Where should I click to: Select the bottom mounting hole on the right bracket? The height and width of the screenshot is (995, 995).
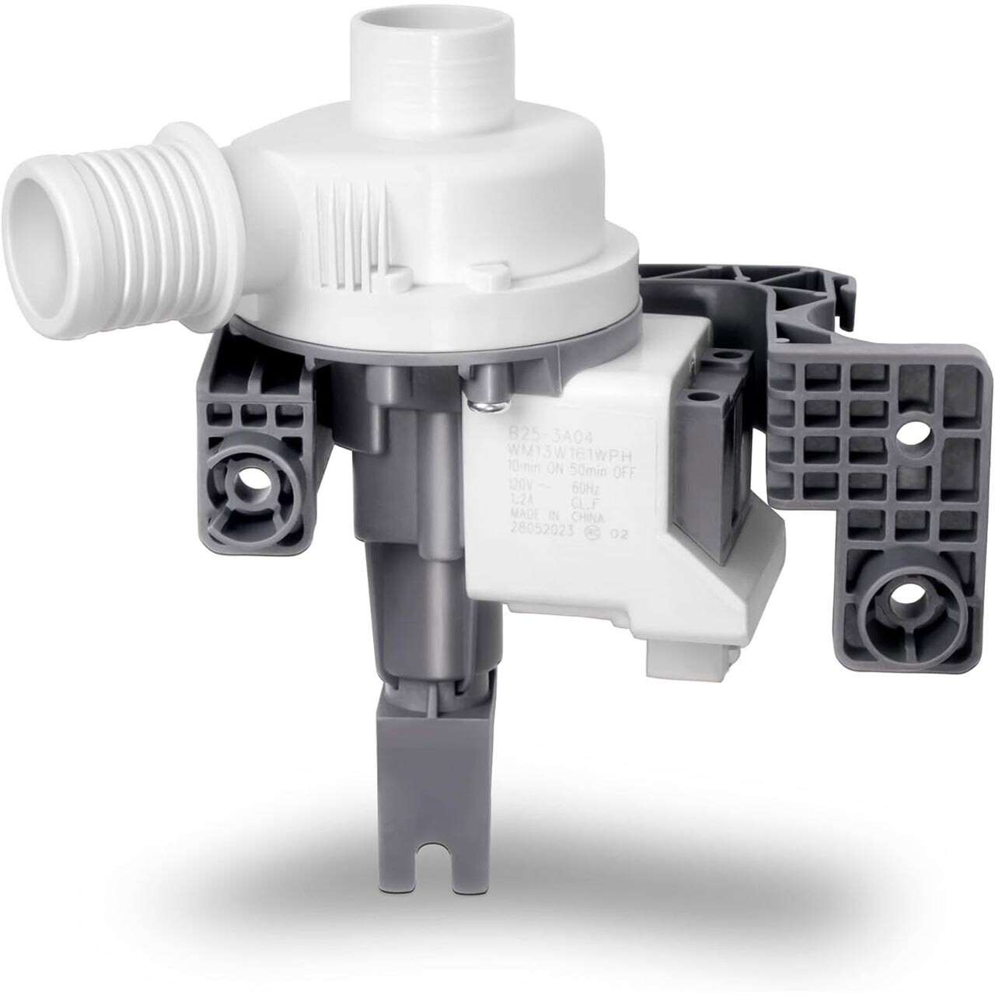pos(903,602)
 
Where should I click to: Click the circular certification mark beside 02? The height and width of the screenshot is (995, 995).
pos(593,533)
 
